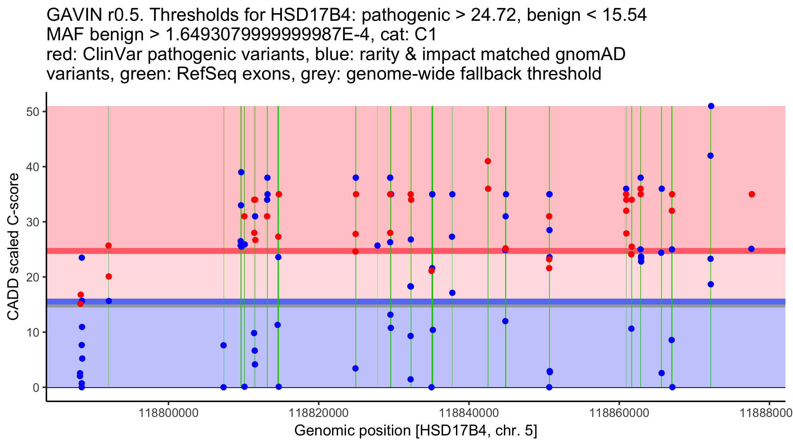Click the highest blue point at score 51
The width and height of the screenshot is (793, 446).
711,106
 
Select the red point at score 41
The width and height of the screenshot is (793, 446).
488,161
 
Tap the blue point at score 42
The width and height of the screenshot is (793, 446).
710,156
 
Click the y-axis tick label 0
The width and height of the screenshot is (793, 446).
36,388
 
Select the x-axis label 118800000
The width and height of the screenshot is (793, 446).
169,413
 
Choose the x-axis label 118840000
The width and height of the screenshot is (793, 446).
469,413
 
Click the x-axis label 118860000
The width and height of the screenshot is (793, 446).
619,413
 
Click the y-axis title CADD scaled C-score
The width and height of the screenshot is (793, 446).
13,246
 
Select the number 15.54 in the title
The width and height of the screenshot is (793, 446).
624,15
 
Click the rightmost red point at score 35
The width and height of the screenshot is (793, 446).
752,194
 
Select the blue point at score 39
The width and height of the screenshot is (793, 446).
241,172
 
